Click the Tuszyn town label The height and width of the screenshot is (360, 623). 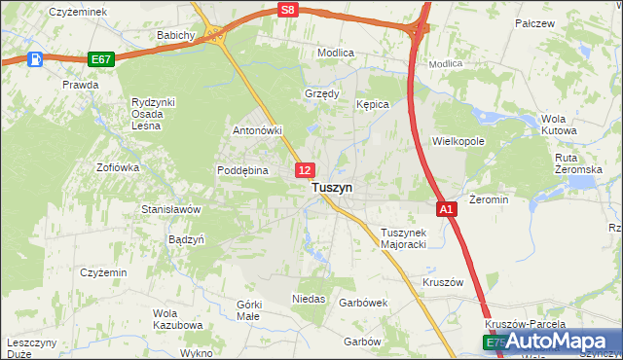[332, 188]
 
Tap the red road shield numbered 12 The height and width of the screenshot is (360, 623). [305, 170]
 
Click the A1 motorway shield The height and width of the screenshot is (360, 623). [446, 209]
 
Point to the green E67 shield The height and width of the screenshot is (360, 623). [100, 59]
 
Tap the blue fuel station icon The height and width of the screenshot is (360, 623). [36, 59]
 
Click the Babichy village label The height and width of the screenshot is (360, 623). [177, 35]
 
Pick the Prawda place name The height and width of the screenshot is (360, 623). [81, 85]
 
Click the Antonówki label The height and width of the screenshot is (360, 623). [257, 130]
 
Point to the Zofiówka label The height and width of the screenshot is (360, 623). [118, 167]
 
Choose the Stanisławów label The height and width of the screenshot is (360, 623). [170, 209]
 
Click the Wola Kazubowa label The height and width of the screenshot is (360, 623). [177, 319]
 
